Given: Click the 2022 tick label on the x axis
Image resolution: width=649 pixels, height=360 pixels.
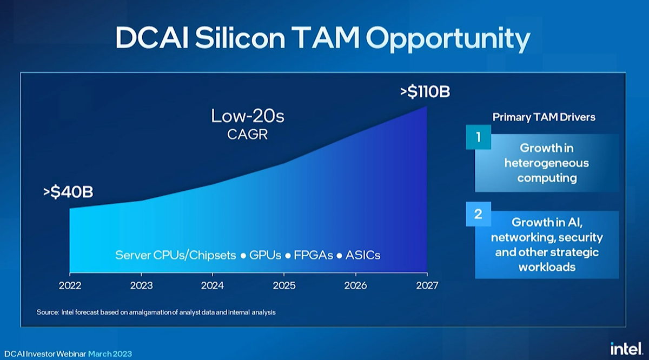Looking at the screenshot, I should (x=70, y=285).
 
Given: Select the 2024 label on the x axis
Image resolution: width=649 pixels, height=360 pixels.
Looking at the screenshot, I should (x=213, y=285).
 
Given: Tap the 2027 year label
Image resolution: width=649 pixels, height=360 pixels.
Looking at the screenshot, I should (x=427, y=285).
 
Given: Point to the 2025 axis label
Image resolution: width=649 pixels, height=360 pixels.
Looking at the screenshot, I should (x=284, y=285).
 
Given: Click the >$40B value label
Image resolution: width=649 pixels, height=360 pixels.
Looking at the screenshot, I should (x=68, y=192).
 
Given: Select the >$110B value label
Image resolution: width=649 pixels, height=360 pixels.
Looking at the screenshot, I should (x=425, y=92).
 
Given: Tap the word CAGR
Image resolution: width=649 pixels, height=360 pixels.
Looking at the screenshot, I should (x=247, y=134).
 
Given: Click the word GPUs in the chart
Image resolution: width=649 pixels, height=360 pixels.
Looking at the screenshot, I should (x=265, y=255).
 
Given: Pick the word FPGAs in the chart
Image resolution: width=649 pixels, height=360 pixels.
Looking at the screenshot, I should (x=313, y=255).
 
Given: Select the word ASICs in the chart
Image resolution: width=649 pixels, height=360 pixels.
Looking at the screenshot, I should (x=362, y=255).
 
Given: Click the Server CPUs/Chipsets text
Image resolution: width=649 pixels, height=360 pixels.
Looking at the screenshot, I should (x=175, y=255).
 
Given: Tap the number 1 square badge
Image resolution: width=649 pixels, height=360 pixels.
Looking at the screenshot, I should (x=478, y=137).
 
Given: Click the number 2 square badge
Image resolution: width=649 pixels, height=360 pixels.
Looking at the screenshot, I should (x=478, y=214).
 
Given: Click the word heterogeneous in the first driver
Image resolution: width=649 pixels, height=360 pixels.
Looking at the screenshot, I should (x=546, y=163).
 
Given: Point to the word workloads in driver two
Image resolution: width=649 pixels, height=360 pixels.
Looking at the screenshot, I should (x=546, y=267).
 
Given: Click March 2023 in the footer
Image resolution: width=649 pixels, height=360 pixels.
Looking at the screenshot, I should (x=110, y=354).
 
